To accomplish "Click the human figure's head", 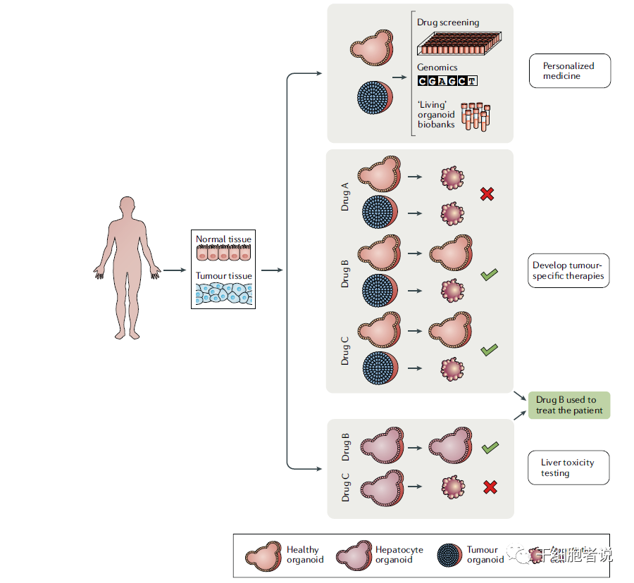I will [x=127, y=207].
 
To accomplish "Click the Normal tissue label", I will [x=223, y=239].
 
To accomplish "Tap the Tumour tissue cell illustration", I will [x=223, y=294].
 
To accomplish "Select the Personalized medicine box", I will [x=569, y=71].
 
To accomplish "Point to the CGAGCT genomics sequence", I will [x=447, y=81].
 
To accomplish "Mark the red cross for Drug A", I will [x=487, y=194].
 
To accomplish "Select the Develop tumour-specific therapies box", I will [x=568, y=271].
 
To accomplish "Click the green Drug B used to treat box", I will [x=568, y=406].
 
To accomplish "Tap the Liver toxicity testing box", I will [x=568, y=468].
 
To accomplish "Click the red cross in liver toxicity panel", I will [x=490, y=487].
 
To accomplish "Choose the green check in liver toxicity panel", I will [x=490, y=448].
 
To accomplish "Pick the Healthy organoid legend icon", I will [x=263, y=556].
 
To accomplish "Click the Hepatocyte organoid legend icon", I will [x=354, y=556].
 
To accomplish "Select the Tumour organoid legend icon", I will [x=449, y=556].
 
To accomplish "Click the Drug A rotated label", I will [x=345, y=196].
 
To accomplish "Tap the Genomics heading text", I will [x=437, y=68].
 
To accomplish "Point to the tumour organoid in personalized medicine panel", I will [x=374, y=98].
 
